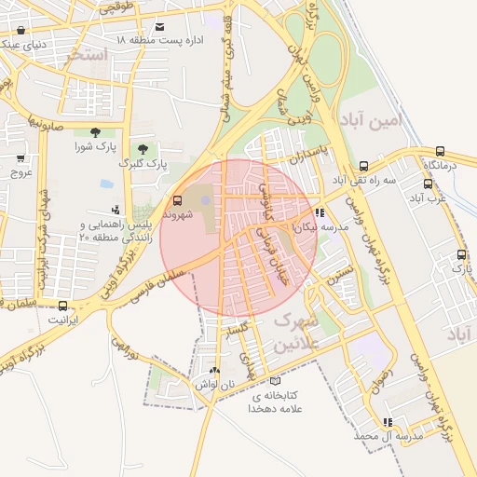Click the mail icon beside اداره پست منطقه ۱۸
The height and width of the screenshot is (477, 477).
161,28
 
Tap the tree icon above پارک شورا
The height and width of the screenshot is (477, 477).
95,132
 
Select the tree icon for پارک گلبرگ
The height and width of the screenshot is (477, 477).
143,149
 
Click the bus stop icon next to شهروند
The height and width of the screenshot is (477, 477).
177,198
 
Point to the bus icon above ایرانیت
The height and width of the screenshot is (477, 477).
62,306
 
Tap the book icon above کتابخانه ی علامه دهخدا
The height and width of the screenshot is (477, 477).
273,380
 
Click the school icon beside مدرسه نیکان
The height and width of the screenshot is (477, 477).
320,212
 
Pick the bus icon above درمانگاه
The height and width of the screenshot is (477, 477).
440,151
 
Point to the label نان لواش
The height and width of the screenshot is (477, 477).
215,384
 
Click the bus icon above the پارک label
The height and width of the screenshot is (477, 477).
460,255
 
